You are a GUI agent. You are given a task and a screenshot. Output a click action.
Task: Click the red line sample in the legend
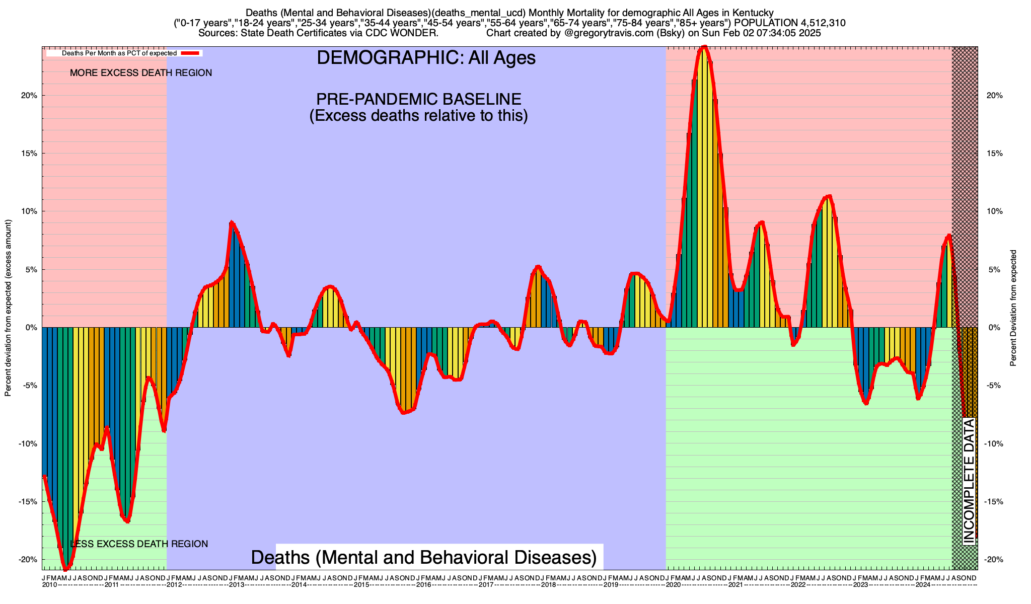[x=191, y=53]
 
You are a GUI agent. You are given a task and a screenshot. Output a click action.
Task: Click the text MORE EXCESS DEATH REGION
[x=141, y=73]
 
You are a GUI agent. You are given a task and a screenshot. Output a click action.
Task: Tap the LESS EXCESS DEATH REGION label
[x=139, y=544]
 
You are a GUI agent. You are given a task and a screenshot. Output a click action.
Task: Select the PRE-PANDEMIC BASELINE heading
[x=418, y=99]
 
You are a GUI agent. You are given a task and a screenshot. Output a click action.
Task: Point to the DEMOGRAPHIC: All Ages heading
[x=426, y=58]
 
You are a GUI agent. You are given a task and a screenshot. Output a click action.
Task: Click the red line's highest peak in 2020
[x=704, y=47]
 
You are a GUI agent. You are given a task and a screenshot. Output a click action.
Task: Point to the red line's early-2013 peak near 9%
[x=231, y=222]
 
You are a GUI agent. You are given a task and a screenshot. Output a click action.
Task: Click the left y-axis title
[x=8, y=308]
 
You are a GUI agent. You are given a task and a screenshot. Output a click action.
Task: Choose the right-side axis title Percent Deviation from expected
[x=1013, y=308]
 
